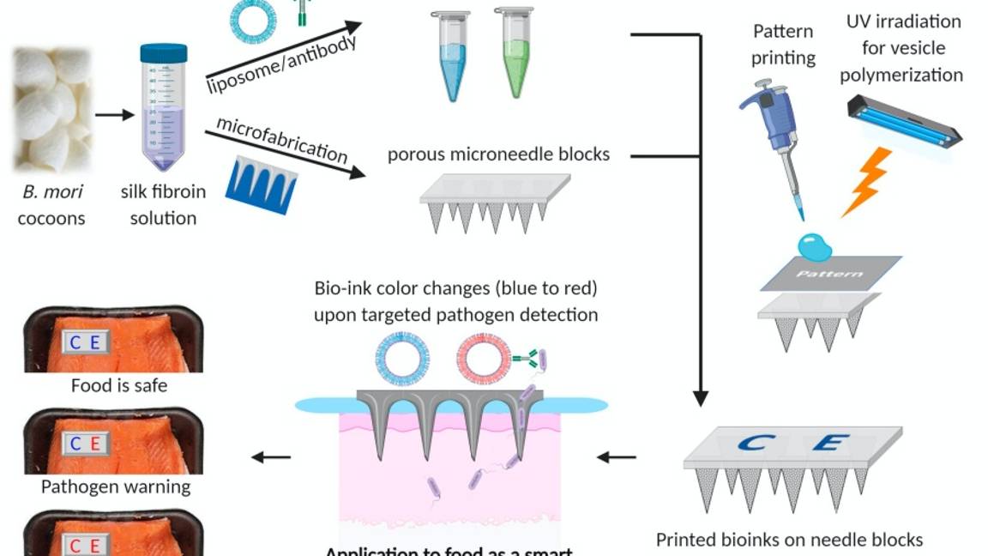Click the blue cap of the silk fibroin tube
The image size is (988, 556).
163,53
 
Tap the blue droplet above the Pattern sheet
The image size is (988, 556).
815,246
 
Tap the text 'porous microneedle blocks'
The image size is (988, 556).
498,154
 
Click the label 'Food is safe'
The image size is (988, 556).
118,386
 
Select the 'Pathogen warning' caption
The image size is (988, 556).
116,487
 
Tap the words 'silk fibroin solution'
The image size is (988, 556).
163,204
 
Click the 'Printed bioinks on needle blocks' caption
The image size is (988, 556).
789,540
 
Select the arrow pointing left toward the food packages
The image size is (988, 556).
271,457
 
